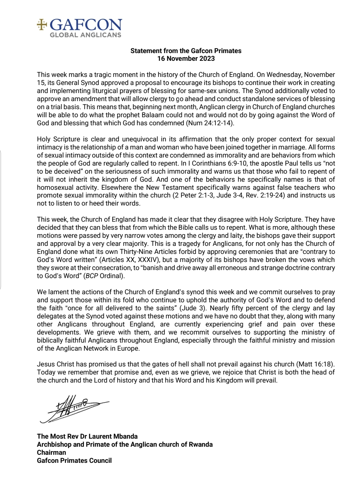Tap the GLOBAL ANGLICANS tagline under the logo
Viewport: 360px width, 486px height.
[85, 35]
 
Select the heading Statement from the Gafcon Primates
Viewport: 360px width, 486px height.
[186, 51]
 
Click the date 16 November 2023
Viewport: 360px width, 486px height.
[186, 59]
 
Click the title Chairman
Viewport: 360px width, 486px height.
[51, 452]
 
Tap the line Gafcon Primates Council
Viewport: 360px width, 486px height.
[74, 460]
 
